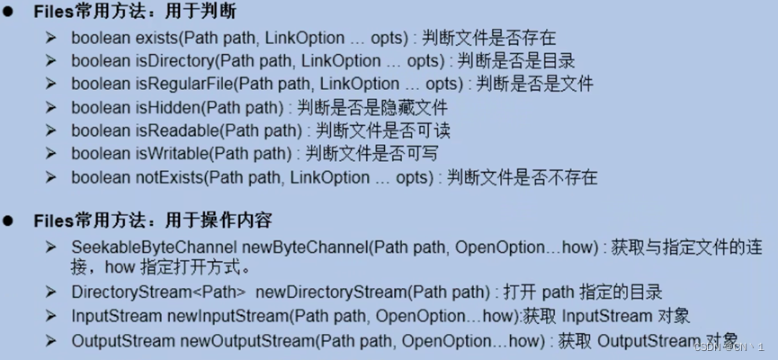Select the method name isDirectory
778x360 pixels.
171,61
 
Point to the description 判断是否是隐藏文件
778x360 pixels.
371,107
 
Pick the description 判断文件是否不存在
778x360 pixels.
522,176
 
